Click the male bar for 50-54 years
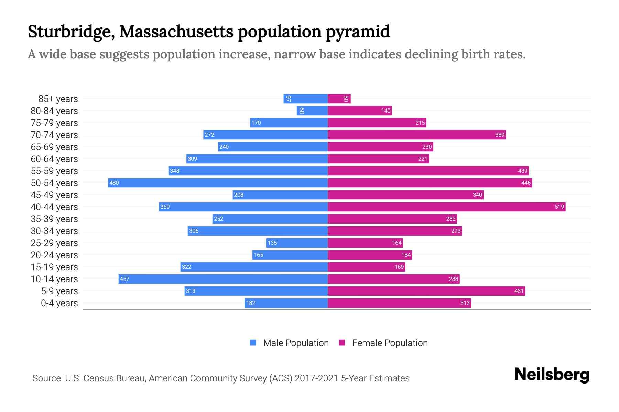pos(218,183)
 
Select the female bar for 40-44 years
pos(446,207)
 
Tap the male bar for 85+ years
pos(305,99)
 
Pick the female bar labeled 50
pos(339,99)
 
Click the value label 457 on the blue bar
pos(124,279)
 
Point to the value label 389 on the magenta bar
pos(500,135)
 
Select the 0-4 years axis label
pos(59,303)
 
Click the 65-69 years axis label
pos(54,147)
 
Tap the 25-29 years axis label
pos(54,243)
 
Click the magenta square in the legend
pos(342,343)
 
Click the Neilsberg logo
pos(552,375)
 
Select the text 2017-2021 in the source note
pos(316,378)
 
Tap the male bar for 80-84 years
pos(312,111)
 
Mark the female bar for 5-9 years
pos(426,291)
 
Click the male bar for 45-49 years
pos(280,195)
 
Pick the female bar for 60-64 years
pos(378,159)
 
